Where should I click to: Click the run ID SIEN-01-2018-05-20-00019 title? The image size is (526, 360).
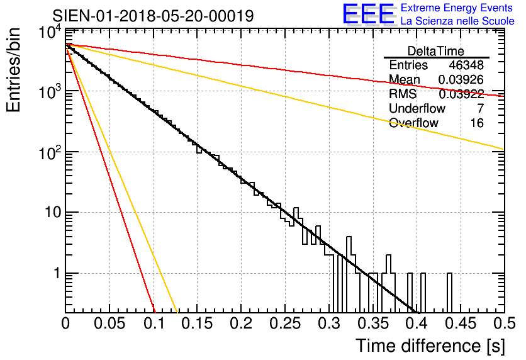pos(153,16)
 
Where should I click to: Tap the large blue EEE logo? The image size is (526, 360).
pos(368,15)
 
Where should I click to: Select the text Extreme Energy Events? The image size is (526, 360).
pos(457,8)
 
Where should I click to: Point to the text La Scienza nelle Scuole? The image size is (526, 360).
pos(457,21)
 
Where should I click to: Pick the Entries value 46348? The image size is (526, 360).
pos(466,65)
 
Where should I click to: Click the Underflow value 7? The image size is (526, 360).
pos(480,108)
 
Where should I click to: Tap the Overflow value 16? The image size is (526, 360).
pos(477,123)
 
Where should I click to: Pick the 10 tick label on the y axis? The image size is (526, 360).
pos(50,213)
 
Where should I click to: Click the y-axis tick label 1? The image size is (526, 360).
pos(55,274)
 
